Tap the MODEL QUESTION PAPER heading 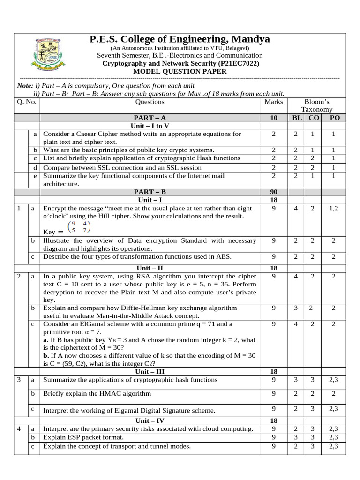(x=180, y=71)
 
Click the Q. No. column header (x=27, y=102)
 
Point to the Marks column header (x=274, y=102)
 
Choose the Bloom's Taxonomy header (x=317, y=105)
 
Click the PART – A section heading (x=150, y=118)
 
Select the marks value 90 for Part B (x=274, y=192)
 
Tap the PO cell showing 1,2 (x=334, y=209)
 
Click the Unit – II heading (x=150, y=268)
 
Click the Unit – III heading (x=150, y=372)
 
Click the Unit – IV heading (x=150, y=421)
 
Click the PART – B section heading (x=150, y=192)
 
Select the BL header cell (x=296, y=118)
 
